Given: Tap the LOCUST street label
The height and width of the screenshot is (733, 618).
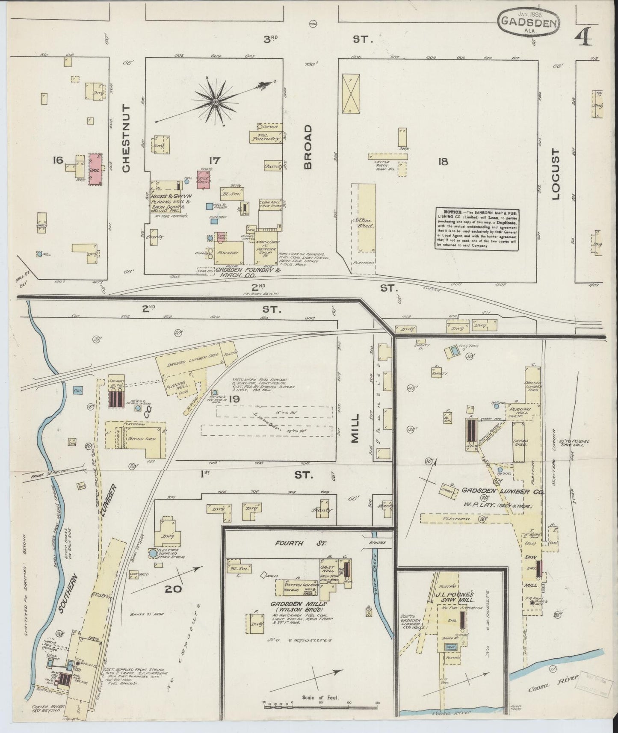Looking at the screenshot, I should (x=555, y=174).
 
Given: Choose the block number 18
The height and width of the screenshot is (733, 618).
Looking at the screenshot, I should (x=443, y=161).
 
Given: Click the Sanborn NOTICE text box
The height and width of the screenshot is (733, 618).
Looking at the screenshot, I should (x=477, y=229).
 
